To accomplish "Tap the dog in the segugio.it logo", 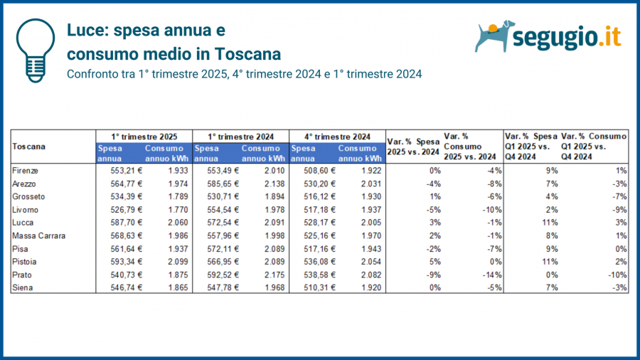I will [495, 36].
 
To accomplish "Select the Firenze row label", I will [26, 171].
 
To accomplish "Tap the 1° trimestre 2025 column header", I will [144, 136].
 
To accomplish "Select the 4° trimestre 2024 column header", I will [338, 136].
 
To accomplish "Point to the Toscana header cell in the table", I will [29, 147].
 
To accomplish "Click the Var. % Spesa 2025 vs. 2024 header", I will [412, 147].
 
